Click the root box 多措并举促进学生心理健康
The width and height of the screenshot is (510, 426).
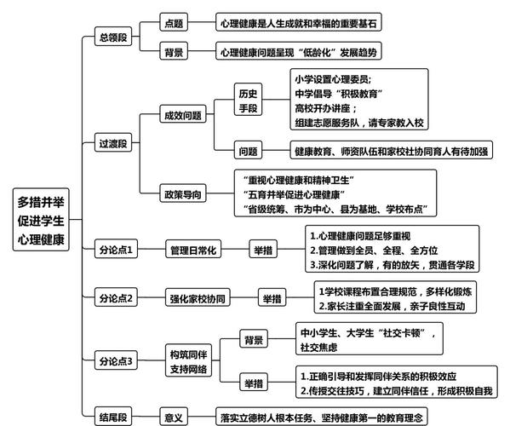[41, 220]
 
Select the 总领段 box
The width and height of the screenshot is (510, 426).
[113, 37]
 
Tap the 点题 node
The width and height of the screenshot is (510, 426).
[174, 22]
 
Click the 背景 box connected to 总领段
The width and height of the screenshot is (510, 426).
[174, 51]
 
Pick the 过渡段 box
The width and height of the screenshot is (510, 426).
[113, 142]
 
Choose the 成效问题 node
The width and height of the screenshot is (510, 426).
[183, 114]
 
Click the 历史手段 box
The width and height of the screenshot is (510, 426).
[248, 100]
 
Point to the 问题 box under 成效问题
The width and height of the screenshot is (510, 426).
[248, 150]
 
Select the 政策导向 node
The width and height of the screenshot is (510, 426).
[183, 193]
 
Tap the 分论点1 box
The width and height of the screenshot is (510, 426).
[116, 249]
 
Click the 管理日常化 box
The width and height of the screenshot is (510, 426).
[193, 250]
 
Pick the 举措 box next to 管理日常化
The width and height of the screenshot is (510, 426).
[263, 250]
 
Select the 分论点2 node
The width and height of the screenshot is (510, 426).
[116, 297]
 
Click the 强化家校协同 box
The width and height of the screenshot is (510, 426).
[198, 297]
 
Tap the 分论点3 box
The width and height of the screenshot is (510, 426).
[116, 360]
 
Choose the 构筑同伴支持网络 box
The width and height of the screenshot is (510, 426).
[189, 360]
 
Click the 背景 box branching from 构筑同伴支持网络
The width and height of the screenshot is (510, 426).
[254, 339]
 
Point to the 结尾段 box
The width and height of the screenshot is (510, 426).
[113, 417]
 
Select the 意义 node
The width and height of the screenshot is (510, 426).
[174, 417]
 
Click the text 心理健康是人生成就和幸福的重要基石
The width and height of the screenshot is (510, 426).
[299, 23]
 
